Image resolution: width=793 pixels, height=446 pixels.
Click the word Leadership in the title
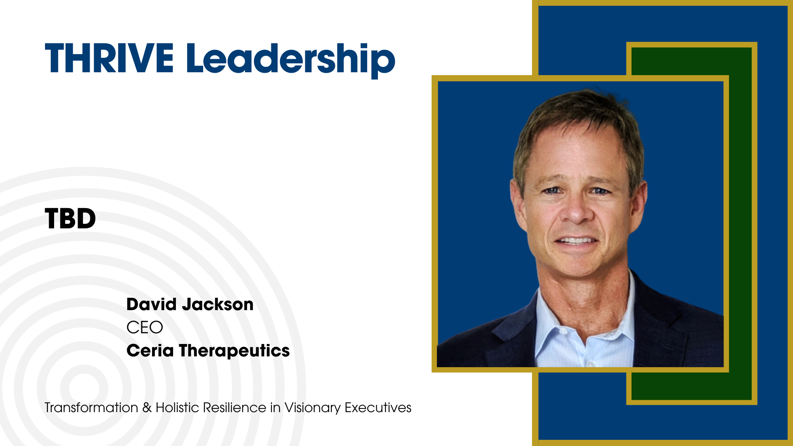(x=290, y=60)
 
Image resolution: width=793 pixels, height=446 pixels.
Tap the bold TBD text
(x=70, y=218)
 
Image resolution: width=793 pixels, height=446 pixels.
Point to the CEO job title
(x=145, y=327)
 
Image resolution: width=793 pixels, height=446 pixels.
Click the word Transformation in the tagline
(x=91, y=408)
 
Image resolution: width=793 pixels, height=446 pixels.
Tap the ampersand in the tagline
(x=147, y=408)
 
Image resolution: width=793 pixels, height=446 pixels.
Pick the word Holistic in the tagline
(x=178, y=408)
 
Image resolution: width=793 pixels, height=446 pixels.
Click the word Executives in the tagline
(x=378, y=408)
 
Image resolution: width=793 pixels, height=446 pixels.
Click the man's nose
(x=575, y=209)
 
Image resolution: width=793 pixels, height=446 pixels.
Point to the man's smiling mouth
(x=576, y=240)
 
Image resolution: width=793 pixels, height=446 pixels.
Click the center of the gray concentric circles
(x=84, y=388)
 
